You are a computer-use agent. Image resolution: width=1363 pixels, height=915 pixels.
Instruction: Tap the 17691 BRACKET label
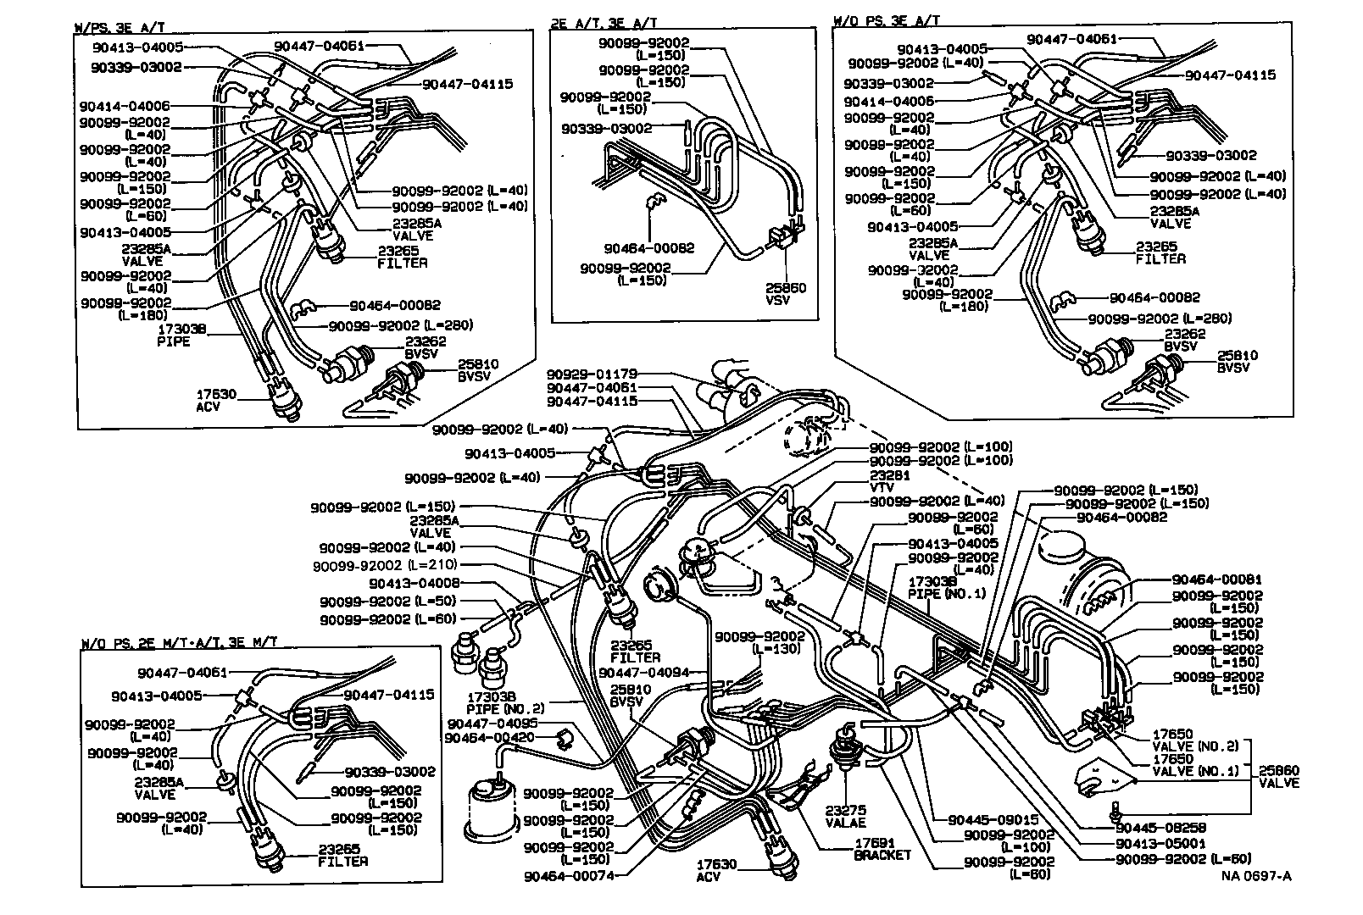(882, 849)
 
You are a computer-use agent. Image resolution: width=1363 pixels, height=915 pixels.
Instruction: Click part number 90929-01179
(592, 374)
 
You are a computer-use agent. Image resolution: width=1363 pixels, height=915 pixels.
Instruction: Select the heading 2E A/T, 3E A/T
(603, 24)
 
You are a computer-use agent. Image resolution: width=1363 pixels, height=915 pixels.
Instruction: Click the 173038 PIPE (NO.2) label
(505, 702)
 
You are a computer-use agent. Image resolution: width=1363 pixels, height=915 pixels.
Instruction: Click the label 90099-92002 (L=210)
(385, 565)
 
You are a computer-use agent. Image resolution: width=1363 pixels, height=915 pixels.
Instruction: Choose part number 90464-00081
(1217, 579)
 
